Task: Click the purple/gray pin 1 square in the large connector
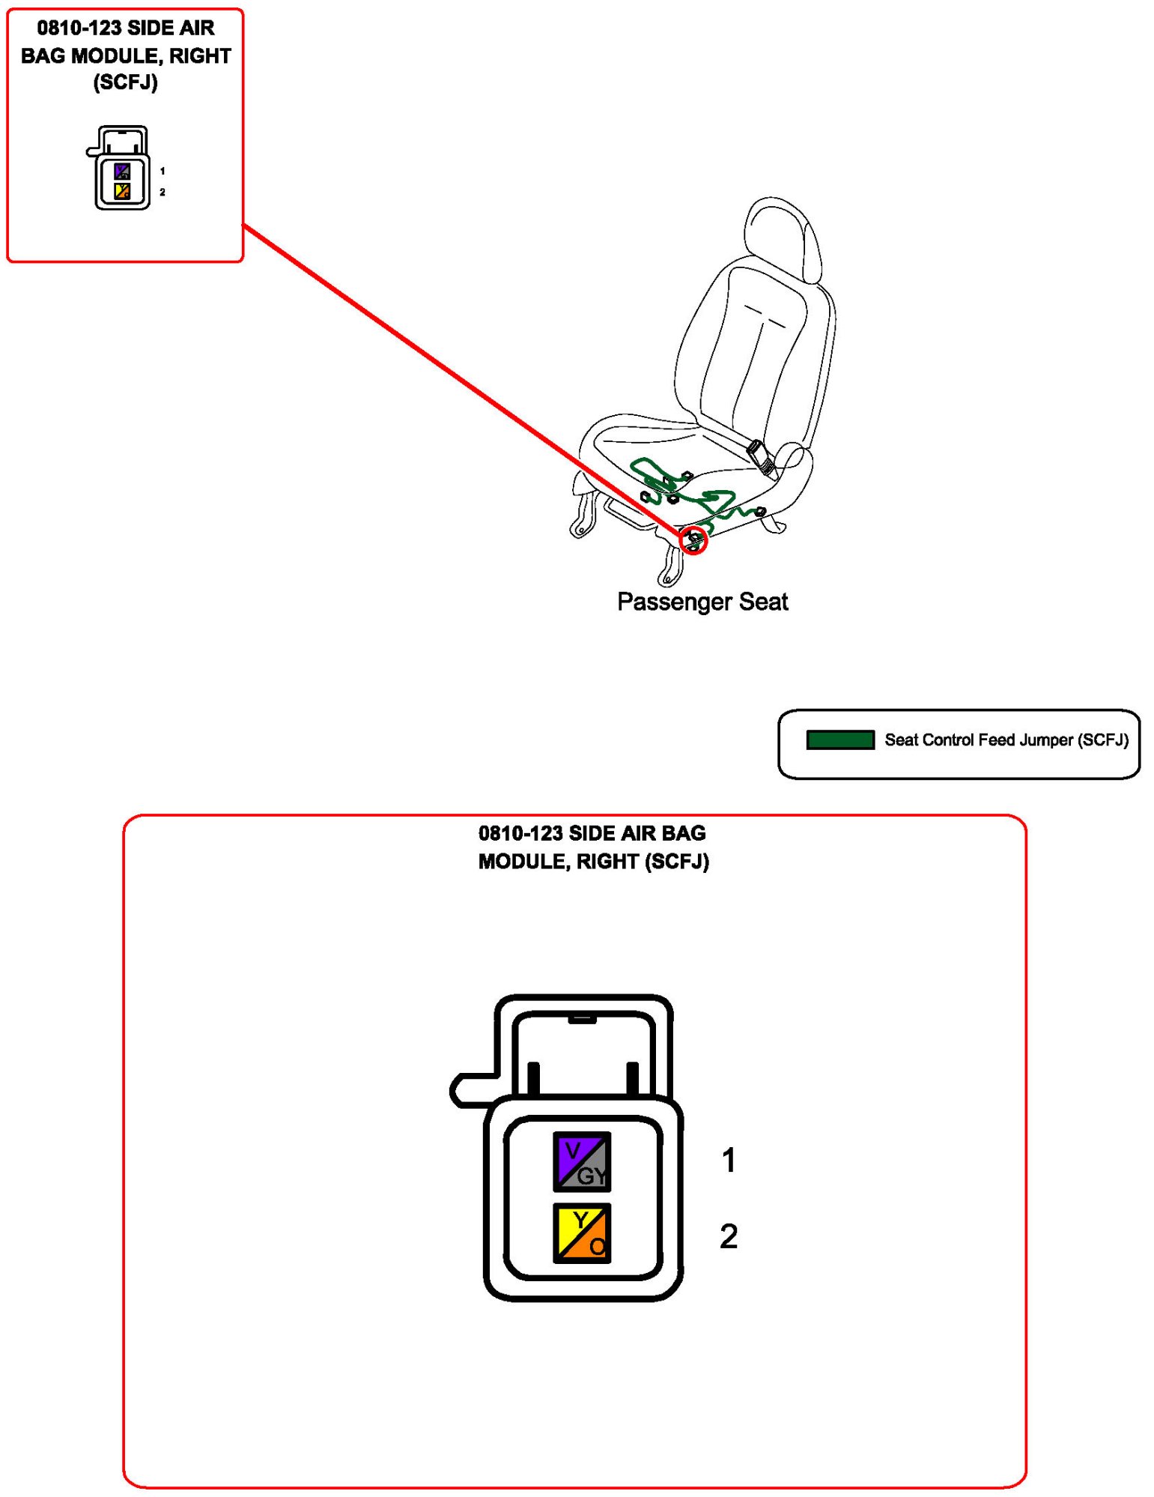point(581,1161)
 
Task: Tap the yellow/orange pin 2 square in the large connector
point(581,1233)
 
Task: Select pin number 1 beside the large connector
point(728,1160)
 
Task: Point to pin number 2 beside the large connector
point(728,1236)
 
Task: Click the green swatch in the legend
point(839,740)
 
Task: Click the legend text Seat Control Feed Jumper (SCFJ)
point(1006,740)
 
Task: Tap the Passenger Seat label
point(702,602)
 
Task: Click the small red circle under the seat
point(693,539)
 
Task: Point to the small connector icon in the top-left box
point(121,169)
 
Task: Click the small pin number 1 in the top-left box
point(163,172)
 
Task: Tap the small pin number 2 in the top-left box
point(163,193)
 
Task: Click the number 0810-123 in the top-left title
point(79,28)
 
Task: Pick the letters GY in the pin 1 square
point(592,1176)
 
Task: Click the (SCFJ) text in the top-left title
point(125,82)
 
